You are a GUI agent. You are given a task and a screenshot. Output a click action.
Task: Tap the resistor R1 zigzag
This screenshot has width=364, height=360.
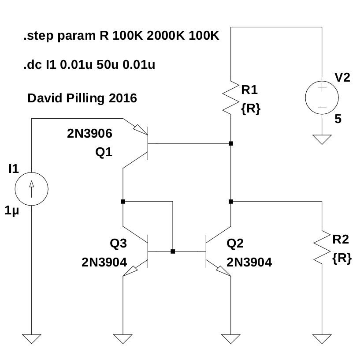point(230,97)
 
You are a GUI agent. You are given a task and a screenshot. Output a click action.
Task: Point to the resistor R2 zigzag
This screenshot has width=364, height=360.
point(322,247)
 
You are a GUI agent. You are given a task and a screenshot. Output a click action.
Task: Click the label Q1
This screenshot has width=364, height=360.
point(104,153)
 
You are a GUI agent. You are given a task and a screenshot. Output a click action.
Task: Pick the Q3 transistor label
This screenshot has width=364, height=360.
point(118,243)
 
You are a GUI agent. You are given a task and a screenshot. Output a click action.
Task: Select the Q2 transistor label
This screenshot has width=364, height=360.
point(235,243)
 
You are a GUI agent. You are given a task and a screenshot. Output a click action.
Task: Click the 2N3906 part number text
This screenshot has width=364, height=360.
point(89,133)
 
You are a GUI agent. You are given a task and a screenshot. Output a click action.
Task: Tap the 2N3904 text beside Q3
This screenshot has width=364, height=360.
point(104,262)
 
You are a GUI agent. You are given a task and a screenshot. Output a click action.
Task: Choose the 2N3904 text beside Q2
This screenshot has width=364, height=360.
point(249,262)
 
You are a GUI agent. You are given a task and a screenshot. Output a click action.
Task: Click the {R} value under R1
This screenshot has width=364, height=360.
point(251,109)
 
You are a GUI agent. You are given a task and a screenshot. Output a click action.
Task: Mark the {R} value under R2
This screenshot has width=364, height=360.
point(342,259)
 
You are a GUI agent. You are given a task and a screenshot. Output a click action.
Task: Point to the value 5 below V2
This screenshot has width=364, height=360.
point(338,119)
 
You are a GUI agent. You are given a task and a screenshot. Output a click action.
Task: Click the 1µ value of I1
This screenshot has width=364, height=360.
point(12,211)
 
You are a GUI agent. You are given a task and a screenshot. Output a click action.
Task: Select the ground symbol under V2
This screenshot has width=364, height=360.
point(322,139)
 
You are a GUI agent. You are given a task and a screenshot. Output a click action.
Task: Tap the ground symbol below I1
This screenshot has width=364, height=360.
point(31,338)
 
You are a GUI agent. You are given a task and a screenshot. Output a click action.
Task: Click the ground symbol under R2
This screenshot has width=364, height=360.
point(322,338)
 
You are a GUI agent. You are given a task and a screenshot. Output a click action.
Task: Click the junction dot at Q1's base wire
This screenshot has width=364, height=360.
point(230,143)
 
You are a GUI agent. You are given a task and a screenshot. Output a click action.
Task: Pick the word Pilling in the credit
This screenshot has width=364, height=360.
point(83,98)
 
